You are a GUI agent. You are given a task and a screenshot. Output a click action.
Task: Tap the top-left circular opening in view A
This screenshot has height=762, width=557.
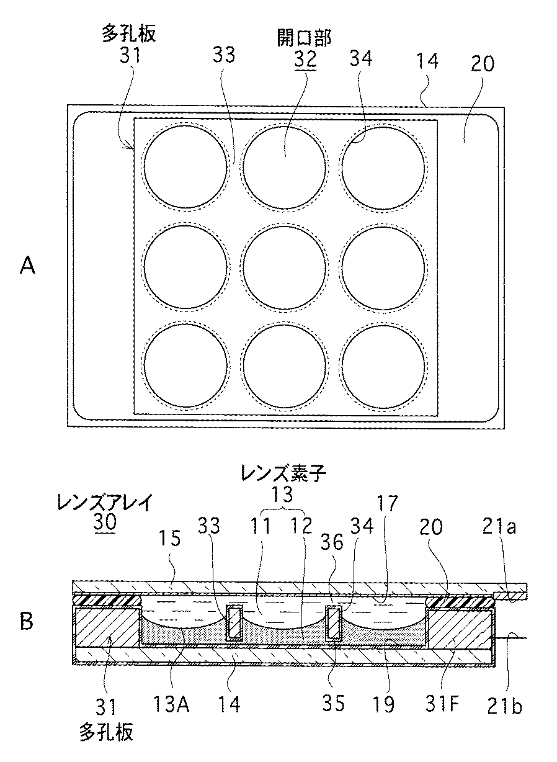click(x=185, y=166)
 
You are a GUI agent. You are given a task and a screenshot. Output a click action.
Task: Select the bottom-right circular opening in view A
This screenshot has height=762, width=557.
click(x=383, y=366)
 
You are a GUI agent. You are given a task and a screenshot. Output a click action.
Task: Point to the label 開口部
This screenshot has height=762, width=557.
click(x=304, y=38)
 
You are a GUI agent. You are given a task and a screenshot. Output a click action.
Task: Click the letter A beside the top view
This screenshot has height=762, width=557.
click(x=27, y=266)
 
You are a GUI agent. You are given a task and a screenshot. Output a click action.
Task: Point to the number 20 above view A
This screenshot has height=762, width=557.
click(x=483, y=64)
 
